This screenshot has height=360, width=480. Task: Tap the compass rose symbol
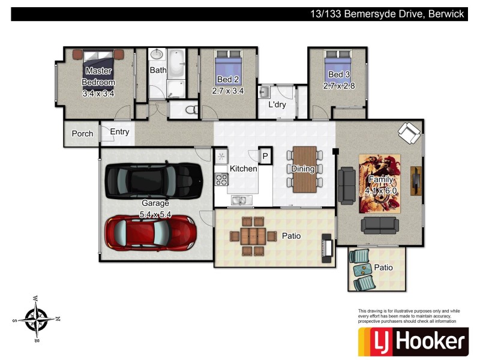[37, 317]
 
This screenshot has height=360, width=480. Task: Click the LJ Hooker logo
[412, 342]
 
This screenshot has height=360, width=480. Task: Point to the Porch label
[82, 133]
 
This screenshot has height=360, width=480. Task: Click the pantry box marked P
[265, 156]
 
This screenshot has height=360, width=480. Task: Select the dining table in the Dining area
[303, 169]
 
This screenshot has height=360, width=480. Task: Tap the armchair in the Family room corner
[409, 133]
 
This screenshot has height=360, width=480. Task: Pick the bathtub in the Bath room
[176, 65]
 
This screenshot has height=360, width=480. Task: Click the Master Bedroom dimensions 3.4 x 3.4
[98, 94]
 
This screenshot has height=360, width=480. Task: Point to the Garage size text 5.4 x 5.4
[155, 214]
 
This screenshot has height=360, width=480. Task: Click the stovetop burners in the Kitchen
[221, 179]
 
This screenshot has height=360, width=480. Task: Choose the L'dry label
[277, 104]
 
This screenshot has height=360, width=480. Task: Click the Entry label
[119, 132]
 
